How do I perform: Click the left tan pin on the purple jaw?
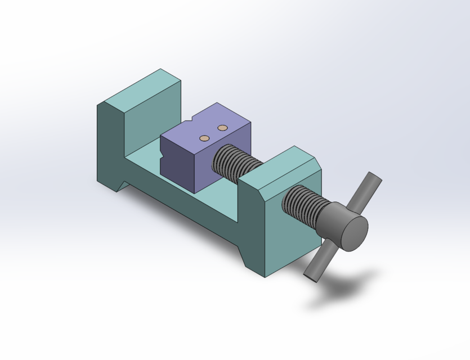point(205,138)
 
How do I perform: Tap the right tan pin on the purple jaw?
point(222,128)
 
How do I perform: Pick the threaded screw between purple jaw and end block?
point(236,160)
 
